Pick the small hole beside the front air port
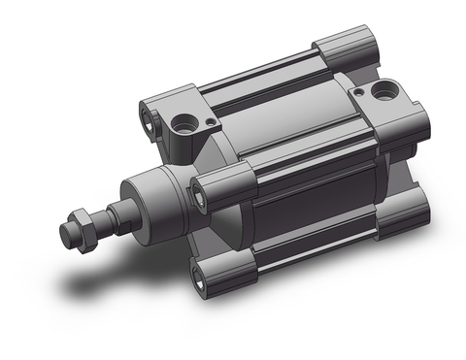pos(208,123)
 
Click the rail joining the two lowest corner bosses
pos(311,254)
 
